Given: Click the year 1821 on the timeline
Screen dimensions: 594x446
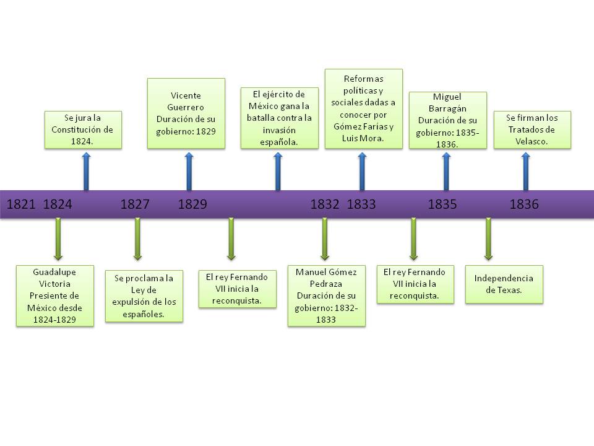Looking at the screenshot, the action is pos(20,204).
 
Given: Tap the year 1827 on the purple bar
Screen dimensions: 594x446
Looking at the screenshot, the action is pos(135,204).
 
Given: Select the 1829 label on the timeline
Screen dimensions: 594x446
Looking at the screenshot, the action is pos(192,204).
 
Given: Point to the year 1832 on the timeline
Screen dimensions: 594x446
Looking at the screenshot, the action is pos(325,204).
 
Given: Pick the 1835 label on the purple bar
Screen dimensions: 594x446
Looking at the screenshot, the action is pos(442,204).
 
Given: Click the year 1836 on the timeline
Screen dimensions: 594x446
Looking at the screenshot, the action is pos(524,204).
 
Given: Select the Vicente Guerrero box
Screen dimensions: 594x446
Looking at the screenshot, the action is pos(186,113).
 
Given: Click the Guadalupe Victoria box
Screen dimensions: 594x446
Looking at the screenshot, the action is pos(55,296).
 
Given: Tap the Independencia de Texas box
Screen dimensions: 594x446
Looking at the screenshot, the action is pos(504,284).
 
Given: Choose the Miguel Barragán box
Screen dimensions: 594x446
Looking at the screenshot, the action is pos(447,120).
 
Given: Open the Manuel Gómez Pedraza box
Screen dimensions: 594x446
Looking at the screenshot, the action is pos(327,295).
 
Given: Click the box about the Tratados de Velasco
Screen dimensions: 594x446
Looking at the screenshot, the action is pos(532,129).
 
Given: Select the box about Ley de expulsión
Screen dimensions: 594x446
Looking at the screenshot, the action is pos(144,295).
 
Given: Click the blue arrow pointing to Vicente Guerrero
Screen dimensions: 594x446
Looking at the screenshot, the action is pos(189,171).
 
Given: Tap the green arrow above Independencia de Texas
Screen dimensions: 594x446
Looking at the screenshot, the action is pos(488,238).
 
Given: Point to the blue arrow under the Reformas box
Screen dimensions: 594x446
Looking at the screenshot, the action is pos(362,171).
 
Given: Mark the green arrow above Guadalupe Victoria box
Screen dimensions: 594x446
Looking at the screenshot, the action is pos(58,238).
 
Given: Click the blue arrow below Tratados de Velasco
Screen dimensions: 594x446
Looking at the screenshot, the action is pos(526,171).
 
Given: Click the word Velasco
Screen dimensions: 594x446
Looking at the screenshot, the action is pos(532,141).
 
